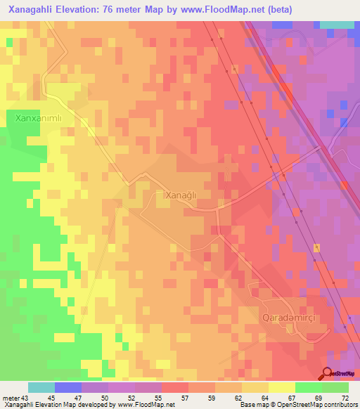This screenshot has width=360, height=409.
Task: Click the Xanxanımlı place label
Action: click(x=39, y=119)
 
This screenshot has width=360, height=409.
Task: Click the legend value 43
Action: click(x=25, y=398)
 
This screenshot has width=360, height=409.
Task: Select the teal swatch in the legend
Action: click(x=41, y=387)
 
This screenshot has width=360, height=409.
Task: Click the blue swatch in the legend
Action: click(x=68, y=387)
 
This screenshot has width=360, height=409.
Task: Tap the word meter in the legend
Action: click(x=11, y=398)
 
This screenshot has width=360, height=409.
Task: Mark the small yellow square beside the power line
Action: click(x=316, y=248)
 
